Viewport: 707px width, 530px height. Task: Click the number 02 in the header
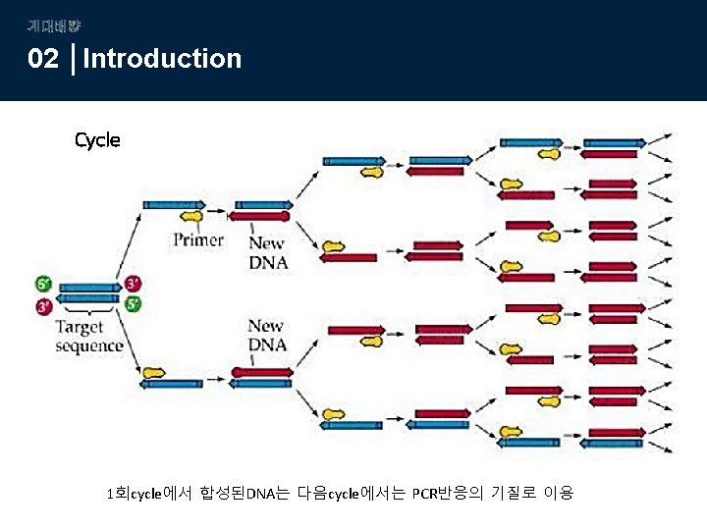(x=43, y=59)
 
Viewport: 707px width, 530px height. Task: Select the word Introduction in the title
(x=163, y=59)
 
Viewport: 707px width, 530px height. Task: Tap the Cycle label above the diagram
(x=97, y=140)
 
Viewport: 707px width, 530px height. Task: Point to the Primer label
(x=197, y=239)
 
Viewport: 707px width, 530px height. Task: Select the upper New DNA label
(x=267, y=252)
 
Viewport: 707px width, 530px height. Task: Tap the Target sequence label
(x=89, y=336)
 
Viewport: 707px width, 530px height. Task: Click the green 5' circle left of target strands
(x=43, y=285)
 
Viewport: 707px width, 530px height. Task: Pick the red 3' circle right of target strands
(x=133, y=285)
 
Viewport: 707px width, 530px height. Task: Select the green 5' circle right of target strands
(x=133, y=304)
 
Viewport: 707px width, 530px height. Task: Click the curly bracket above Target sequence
(x=88, y=313)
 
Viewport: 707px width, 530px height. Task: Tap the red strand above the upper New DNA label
(x=259, y=216)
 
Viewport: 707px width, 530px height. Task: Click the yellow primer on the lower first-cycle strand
(x=154, y=373)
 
